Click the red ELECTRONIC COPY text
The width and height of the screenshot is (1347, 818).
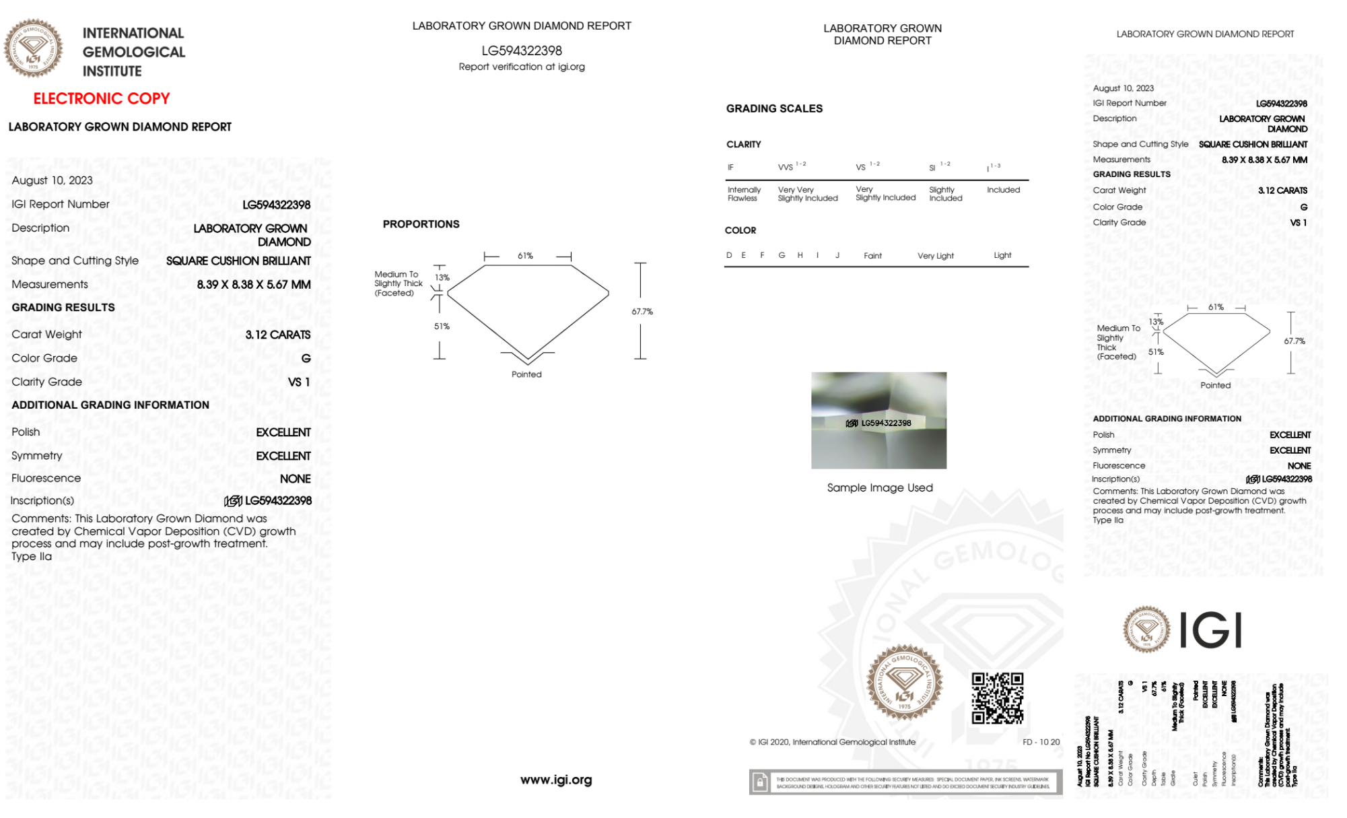pyautogui.click(x=102, y=99)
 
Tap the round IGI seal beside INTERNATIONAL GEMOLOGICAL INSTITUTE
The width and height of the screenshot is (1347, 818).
pyautogui.click(x=34, y=48)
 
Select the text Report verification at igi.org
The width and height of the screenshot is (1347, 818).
pyautogui.click(x=522, y=67)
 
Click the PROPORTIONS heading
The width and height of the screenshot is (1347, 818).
pyautogui.click(x=421, y=224)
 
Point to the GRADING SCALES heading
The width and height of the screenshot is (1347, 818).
pyautogui.click(x=774, y=108)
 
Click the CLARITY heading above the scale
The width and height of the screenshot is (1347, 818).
pyautogui.click(x=743, y=145)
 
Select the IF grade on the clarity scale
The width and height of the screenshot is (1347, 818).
pyautogui.click(x=730, y=168)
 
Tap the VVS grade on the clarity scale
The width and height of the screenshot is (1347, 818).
pyautogui.click(x=786, y=168)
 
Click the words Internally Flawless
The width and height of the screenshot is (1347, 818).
pyautogui.click(x=744, y=194)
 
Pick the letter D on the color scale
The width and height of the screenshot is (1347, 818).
pyautogui.click(x=729, y=255)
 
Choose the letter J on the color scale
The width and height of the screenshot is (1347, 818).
pyautogui.click(x=837, y=255)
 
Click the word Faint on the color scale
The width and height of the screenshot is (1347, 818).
pyautogui.click(x=872, y=256)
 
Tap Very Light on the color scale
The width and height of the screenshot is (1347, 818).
pyautogui.click(x=935, y=256)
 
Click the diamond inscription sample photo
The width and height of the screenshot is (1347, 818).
pyautogui.click(x=878, y=420)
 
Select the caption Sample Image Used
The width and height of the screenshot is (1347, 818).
pyautogui.click(x=880, y=487)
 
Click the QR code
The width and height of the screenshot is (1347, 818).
pyautogui.click(x=998, y=698)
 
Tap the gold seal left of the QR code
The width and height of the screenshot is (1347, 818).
pyautogui.click(x=904, y=682)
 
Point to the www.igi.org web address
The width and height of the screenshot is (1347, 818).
pyautogui.click(x=556, y=780)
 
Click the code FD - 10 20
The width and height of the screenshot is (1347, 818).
pyautogui.click(x=1041, y=742)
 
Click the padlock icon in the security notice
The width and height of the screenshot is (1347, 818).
pyautogui.click(x=760, y=782)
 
